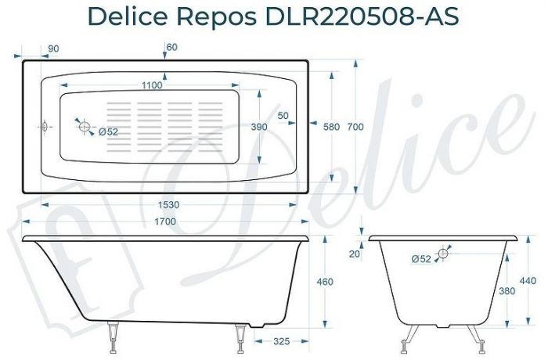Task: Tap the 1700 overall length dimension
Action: point(165,222)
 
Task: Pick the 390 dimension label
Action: point(259,127)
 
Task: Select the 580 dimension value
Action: point(330,127)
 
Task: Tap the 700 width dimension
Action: point(357,127)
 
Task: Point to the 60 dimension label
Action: point(172,48)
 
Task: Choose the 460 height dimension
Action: point(325,282)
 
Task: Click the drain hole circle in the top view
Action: point(85,127)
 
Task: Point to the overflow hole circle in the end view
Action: point(444,253)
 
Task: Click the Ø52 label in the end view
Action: point(420,259)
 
